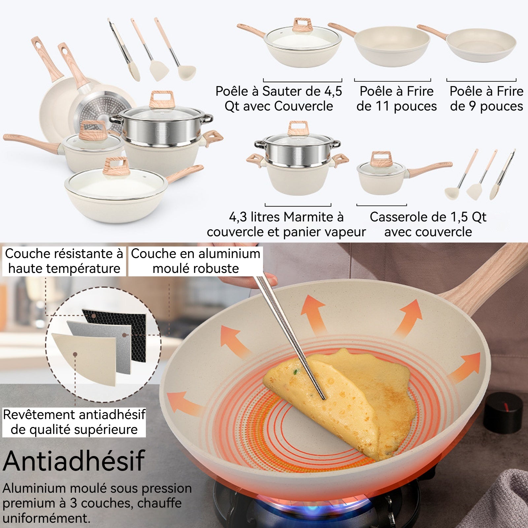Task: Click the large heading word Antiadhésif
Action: [x=74, y=461]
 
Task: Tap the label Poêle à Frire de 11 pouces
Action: [x=396, y=99]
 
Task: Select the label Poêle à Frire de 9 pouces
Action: [x=486, y=99]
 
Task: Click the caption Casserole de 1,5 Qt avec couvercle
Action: [x=428, y=224]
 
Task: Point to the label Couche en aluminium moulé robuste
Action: [x=196, y=261]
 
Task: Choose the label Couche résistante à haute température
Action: [x=64, y=261]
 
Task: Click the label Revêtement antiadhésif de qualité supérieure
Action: [x=74, y=422]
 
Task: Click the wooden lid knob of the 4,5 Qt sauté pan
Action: [x=302, y=25]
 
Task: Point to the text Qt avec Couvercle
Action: [x=279, y=106]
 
